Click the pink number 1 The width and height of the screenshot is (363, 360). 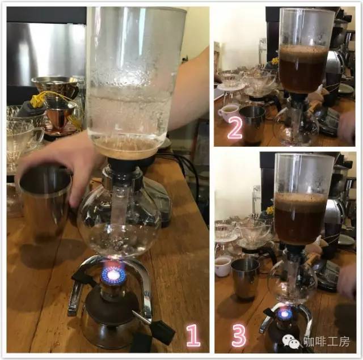(193, 335)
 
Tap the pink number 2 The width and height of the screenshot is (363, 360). (235, 128)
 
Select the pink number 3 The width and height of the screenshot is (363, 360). (239, 335)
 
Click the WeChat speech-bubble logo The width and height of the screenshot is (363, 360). (291, 342)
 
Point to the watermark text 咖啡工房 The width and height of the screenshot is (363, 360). (327, 341)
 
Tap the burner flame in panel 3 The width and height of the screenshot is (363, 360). (285, 314)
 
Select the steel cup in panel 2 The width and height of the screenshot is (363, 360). (252, 124)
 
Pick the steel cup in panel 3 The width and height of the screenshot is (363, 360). (245, 279)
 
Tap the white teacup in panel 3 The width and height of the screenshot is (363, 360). (223, 266)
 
